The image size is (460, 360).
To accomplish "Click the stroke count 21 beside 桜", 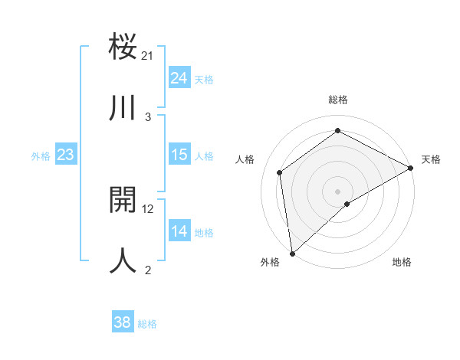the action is tap(148, 55).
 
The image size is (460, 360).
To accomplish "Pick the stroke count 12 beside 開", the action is tap(148, 208).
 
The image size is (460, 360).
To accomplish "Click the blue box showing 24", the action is tap(179, 77).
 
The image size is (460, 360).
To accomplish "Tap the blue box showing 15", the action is tap(179, 155).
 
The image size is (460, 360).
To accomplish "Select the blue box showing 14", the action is tap(179, 231).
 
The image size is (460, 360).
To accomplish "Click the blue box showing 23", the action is tap(66, 155).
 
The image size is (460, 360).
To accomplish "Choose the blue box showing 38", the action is tap(123, 322).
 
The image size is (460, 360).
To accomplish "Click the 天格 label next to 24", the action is tap(204, 80).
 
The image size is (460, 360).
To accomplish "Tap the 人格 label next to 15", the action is tap(204, 156).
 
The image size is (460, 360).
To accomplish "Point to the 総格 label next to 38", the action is tap(147, 324).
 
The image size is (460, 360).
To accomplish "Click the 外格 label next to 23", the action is tap(41, 156).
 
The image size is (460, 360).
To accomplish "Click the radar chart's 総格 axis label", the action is tap(338, 100).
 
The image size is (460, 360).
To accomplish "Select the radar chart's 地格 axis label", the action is tap(402, 262).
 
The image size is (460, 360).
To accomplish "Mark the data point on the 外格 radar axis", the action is tap(292, 253).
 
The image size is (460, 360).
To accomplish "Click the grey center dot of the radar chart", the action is tap(338, 191).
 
